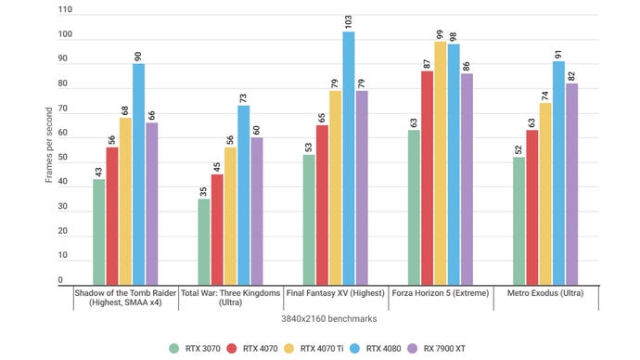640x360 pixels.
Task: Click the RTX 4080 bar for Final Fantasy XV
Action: tap(348, 158)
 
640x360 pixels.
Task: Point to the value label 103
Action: tap(348, 19)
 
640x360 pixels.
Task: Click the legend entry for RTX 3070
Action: tap(198, 348)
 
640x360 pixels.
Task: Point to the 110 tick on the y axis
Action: tap(64, 11)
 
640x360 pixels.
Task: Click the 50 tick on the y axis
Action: tap(61, 158)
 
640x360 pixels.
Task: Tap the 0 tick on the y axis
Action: tap(59, 279)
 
